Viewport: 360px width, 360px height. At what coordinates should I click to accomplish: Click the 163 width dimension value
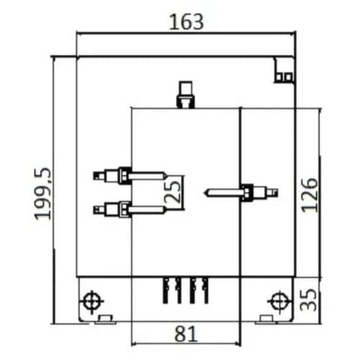tap(186, 22)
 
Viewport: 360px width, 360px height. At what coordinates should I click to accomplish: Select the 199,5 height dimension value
tap(43, 194)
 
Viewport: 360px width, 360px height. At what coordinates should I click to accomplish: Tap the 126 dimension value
tap(310, 195)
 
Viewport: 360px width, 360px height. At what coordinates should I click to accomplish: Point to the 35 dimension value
tap(309, 300)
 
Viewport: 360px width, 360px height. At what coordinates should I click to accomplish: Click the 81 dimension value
tap(186, 334)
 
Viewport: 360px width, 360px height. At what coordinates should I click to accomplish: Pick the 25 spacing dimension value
tap(173, 192)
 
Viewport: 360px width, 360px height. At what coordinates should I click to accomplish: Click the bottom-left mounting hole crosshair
tap(92, 301)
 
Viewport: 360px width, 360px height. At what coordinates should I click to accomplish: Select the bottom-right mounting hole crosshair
tap(279, 301)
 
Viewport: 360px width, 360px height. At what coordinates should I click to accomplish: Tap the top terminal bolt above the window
tap(186, 95)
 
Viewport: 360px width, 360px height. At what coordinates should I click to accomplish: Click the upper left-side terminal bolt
tap(130, 176)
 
